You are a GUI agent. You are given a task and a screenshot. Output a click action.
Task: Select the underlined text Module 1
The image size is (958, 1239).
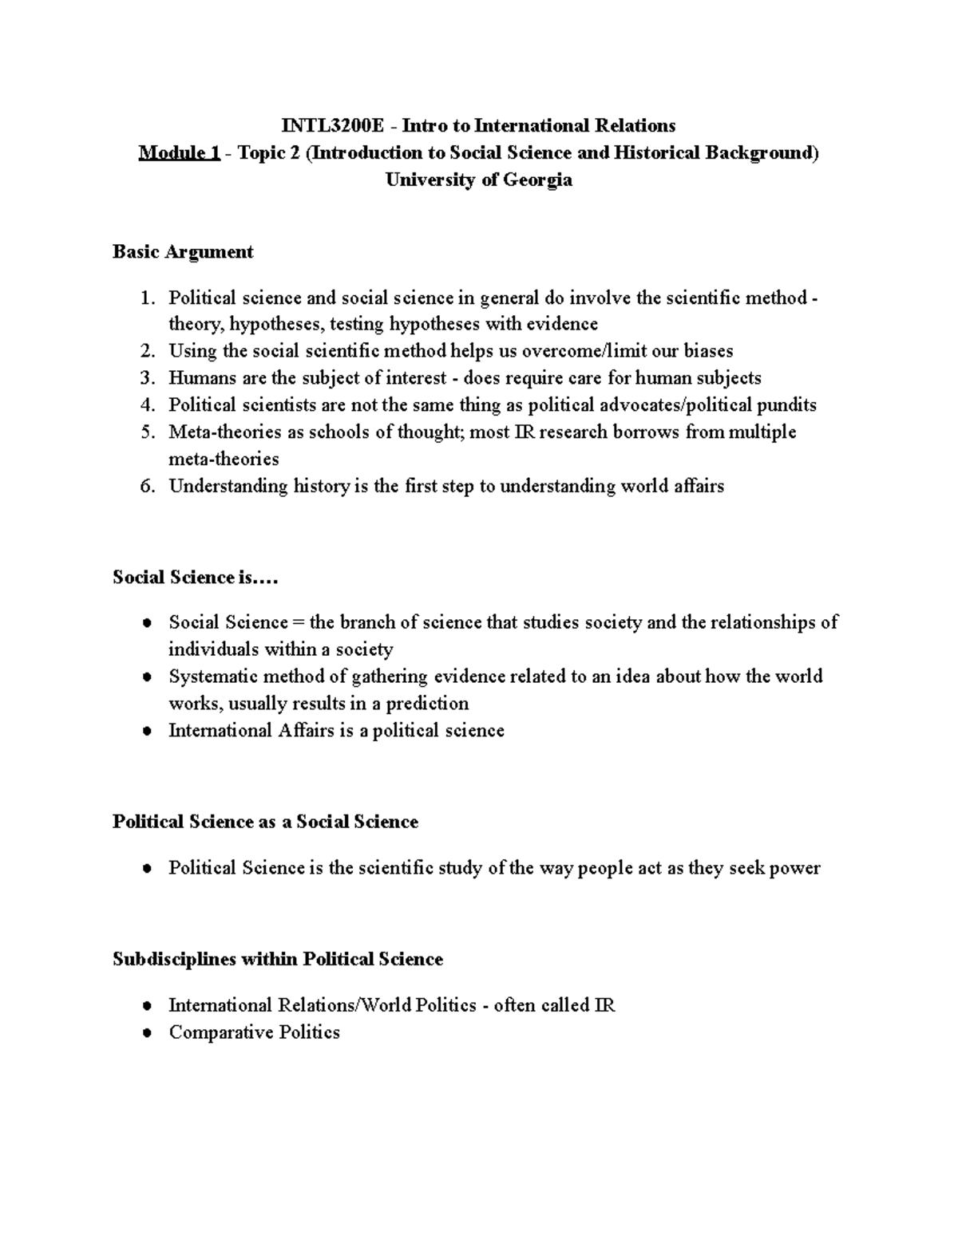[x=179, y=153]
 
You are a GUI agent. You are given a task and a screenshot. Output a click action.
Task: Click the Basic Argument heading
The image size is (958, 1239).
[x=183, y=252]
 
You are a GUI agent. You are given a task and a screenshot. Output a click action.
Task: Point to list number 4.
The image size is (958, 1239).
[x=146, y=405]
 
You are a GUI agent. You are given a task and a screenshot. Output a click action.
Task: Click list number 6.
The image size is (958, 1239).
[x=146, y=487]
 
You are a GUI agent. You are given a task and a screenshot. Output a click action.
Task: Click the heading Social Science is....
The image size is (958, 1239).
[x=195, y=578]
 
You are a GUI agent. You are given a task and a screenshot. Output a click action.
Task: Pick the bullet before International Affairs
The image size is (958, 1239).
[x=146, y=732]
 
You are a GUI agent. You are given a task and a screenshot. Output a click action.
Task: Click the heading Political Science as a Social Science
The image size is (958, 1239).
[x=265, y=822]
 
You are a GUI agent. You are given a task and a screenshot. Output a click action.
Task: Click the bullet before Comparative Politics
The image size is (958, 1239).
[x=146, y=1033]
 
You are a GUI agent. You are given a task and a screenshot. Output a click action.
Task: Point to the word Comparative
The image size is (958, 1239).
[x=209, y=1032]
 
